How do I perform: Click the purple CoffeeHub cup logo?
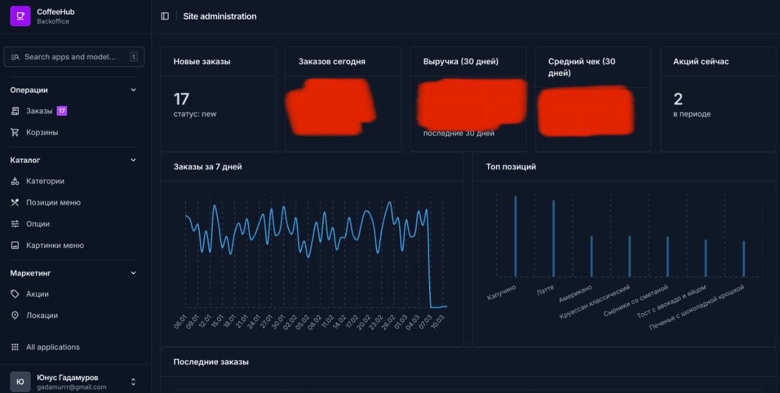coord(20,16)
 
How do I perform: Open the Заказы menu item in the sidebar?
coord(39,111)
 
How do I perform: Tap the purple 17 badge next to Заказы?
coord(62,111)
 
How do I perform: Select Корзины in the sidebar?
coord(42,132)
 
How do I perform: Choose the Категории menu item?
coord(45,181)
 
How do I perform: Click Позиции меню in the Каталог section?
coord(53,202)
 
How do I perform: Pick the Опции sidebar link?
coord(38,224)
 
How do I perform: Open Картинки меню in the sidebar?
coord(55,245)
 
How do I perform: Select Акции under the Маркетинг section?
coord(37,294)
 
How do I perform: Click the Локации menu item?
coord(42,315)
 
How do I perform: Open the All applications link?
coord(52,347)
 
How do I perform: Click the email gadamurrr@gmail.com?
coord(71,387)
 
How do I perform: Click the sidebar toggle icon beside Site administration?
coord(165,16)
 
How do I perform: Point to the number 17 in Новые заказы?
coord(181,99)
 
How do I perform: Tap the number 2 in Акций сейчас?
coord(678,99)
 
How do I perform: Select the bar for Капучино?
coord(516,236)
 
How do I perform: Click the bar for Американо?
coord(591,256)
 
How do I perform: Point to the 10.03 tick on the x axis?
coord(436,322)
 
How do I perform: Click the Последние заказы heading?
coord(211,362)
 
